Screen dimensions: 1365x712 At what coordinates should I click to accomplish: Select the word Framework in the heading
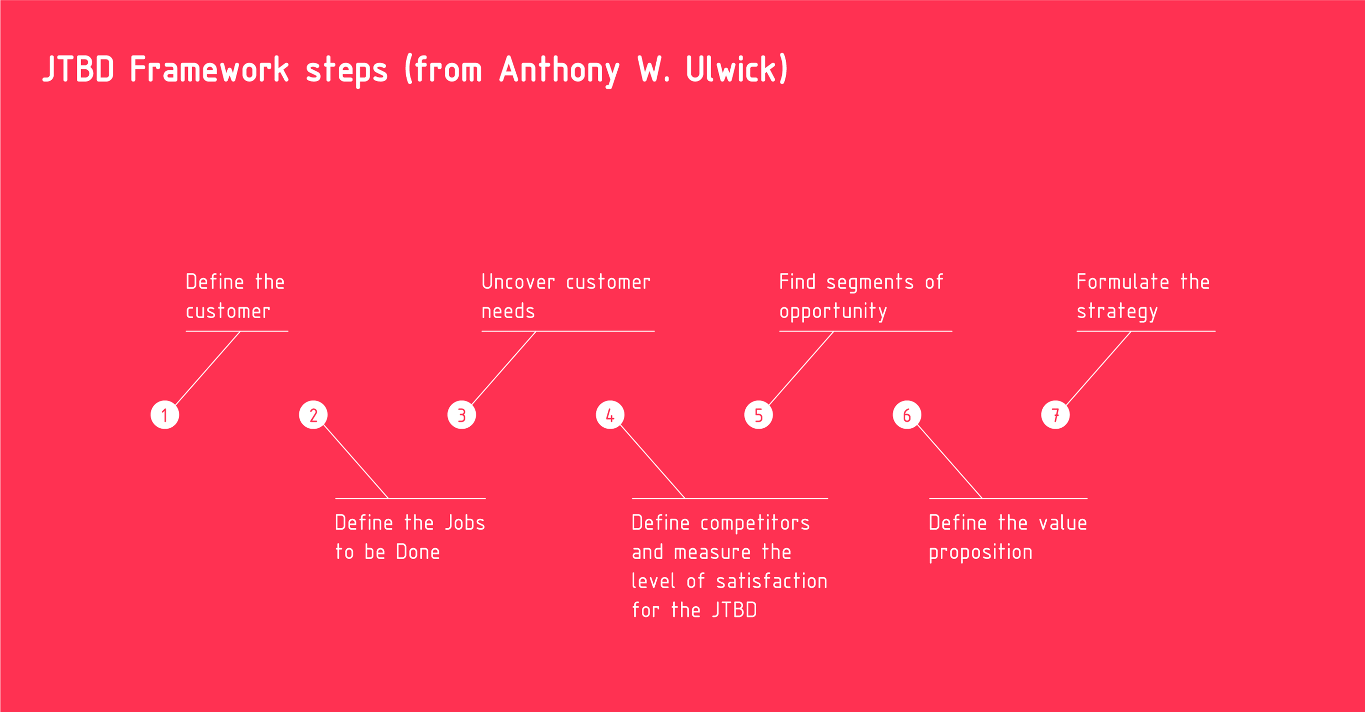point(209,69)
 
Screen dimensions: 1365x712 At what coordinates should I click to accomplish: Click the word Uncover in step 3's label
point(518,281)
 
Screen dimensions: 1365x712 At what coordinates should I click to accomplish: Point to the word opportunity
point(833,312)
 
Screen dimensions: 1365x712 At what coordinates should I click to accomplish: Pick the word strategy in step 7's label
point(1117,312)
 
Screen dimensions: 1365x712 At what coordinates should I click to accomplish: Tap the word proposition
point(980,553)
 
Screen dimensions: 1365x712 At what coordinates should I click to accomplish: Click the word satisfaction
point(771,581)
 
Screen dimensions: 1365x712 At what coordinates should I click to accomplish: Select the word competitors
point(755,524)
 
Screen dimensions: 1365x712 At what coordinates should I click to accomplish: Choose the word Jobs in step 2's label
point(464,523)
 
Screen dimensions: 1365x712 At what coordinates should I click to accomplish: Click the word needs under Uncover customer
point(508,311)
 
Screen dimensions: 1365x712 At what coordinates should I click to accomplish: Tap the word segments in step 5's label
point(870,283)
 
